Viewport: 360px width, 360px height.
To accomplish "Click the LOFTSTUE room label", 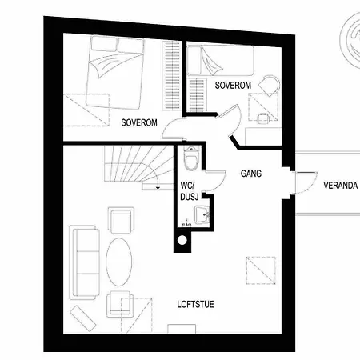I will point(195,304).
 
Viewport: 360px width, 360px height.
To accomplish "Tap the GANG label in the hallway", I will point(252,173).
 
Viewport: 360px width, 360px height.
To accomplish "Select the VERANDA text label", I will point(339,184).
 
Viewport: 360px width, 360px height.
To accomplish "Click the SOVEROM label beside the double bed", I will point(138,122).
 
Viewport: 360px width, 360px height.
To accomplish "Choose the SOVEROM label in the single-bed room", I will point(234,84).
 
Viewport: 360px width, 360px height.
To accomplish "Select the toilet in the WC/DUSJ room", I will point(190,162).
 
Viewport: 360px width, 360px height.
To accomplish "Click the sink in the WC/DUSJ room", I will point(202,214).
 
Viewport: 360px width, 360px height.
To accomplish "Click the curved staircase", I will point(132,168).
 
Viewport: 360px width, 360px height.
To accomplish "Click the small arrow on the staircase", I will point(147,186).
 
